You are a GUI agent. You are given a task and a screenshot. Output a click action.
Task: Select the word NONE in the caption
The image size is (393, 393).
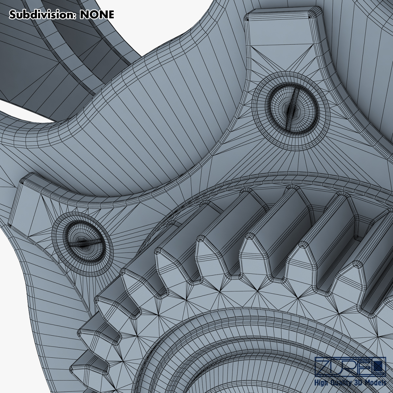[x=97, y=15]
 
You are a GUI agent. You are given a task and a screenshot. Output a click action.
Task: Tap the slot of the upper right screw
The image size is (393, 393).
[x=291, y=108]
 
